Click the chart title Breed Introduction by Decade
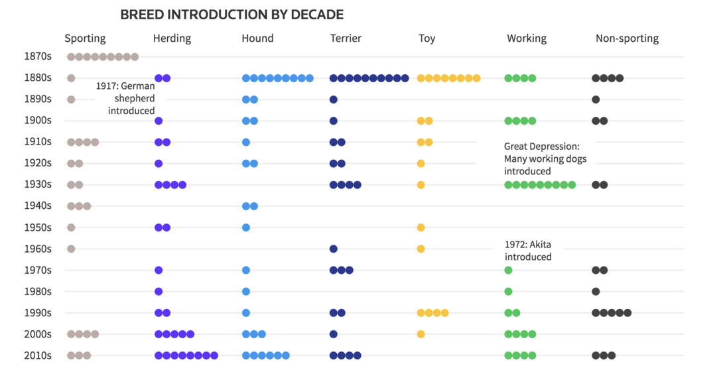coord(231,15)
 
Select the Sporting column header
coord(85,38)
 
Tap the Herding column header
coord(172,38)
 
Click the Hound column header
coord(257,38)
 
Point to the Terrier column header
coord(346,38)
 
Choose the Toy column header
coord(427,38)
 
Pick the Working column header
coord(527,38)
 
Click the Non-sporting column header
coord(627,38)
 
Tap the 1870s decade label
coord(38,57)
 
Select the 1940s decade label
coord(38,206)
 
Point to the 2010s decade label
coord(38,355)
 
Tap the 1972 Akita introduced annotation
coord(528,251)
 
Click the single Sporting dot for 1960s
coord(71,249)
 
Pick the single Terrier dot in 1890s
coord(334,99)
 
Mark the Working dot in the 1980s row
coord(508,292)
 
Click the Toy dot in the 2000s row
coord(421,334)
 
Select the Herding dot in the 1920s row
coord(159,164)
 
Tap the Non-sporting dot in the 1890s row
coord(596,99)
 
